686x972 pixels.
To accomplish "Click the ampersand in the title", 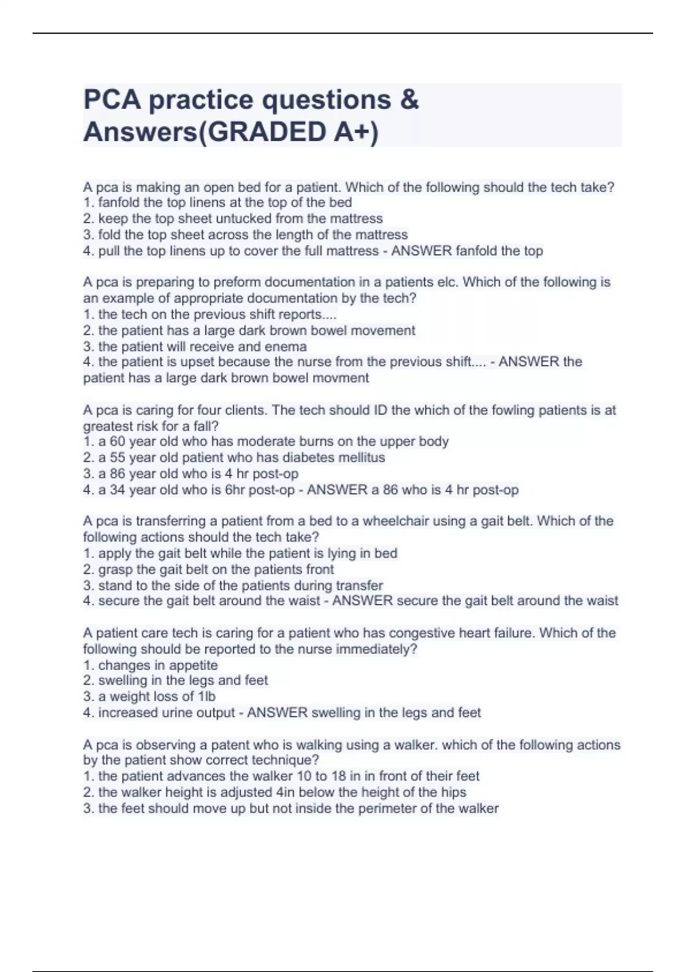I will [409, 99].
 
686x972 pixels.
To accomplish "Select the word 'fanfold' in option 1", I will [119, 202].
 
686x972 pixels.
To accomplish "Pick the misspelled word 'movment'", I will [345, 378].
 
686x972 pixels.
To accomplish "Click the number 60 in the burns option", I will [117, 441].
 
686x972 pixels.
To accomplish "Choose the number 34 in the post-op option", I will [117, 490].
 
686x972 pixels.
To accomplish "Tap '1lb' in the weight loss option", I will [206, 696].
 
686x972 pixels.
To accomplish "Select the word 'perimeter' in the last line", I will [387, 808].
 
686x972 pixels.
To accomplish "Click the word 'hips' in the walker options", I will [453, 792].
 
